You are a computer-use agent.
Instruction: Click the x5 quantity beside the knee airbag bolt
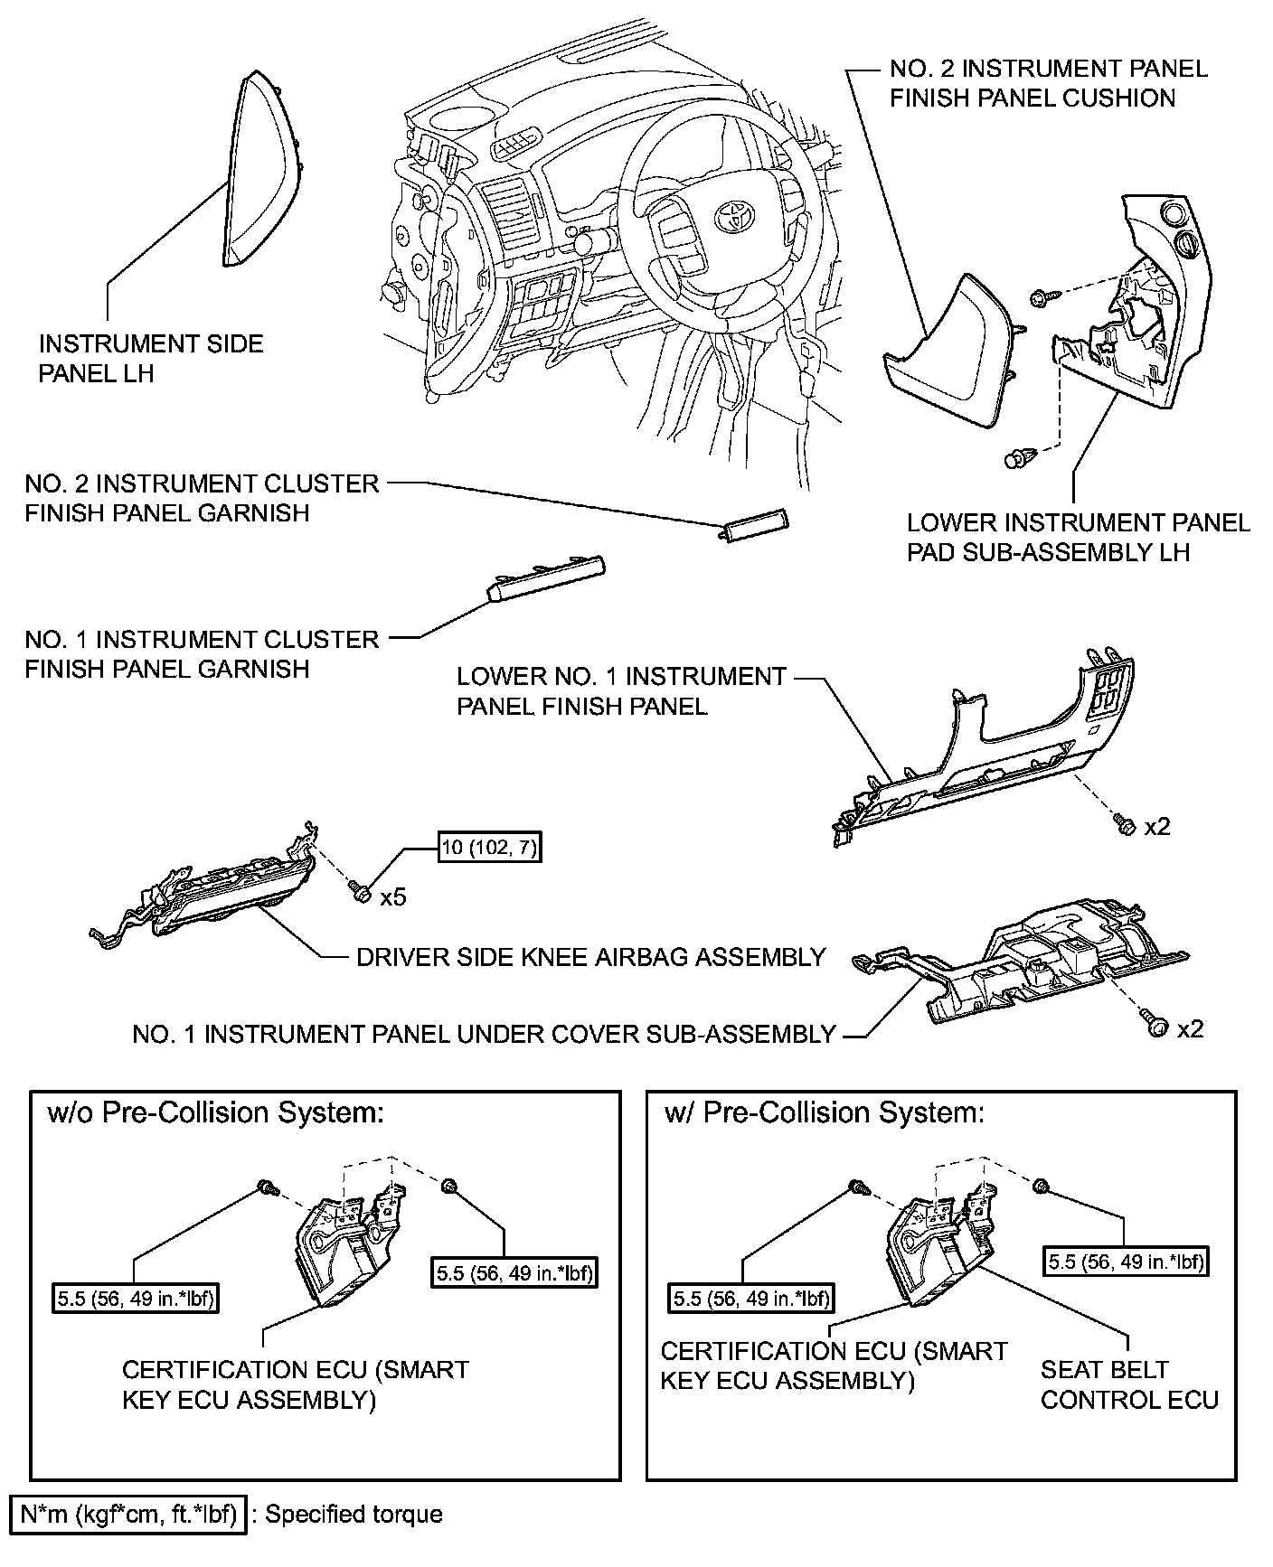392,897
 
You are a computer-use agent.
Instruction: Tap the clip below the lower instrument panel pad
1018,458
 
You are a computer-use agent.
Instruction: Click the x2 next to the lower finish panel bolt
1156,826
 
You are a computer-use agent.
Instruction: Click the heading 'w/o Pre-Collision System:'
215,1112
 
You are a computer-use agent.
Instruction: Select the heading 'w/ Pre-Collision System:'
824,1112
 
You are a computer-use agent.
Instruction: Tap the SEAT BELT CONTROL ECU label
1128,1384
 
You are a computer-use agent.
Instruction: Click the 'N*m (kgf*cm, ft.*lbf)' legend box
127,1514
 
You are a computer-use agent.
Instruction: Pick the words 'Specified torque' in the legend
354,1514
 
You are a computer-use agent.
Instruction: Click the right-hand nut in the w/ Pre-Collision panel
1040,1185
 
